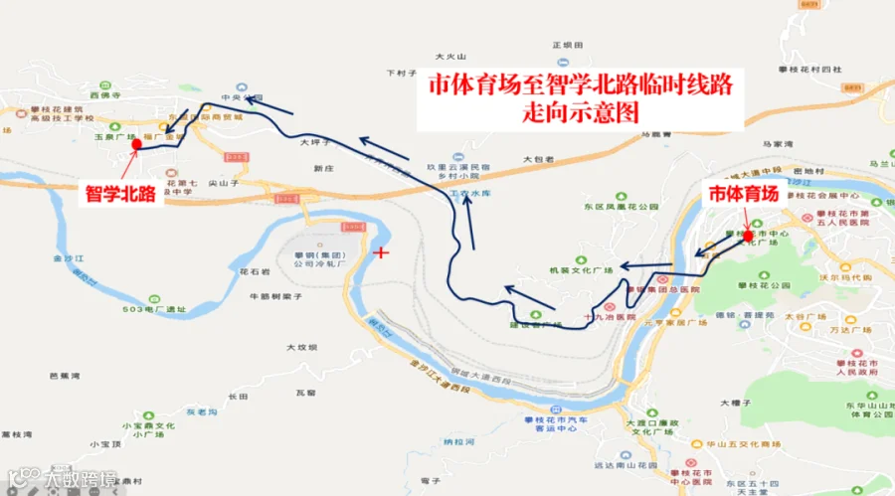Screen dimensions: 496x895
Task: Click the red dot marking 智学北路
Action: pyautogui.click(x=136, y=145)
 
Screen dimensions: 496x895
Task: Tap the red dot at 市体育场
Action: pyautogui.click(x=748, y=237)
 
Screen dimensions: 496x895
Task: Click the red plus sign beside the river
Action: pyautogui.click(x=380, y=252)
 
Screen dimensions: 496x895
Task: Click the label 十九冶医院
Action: pyautogui.click(x=609, y=316)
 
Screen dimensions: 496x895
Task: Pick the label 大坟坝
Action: pyautogui.click(x=300, y=347)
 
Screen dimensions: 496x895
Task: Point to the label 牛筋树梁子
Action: pyautogui.click(x=274, y=295)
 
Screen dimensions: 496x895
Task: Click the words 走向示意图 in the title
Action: pyautogui.click(x=580, y=111)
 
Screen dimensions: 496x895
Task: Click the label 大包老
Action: pyautogui.click(x=537, y=159)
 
